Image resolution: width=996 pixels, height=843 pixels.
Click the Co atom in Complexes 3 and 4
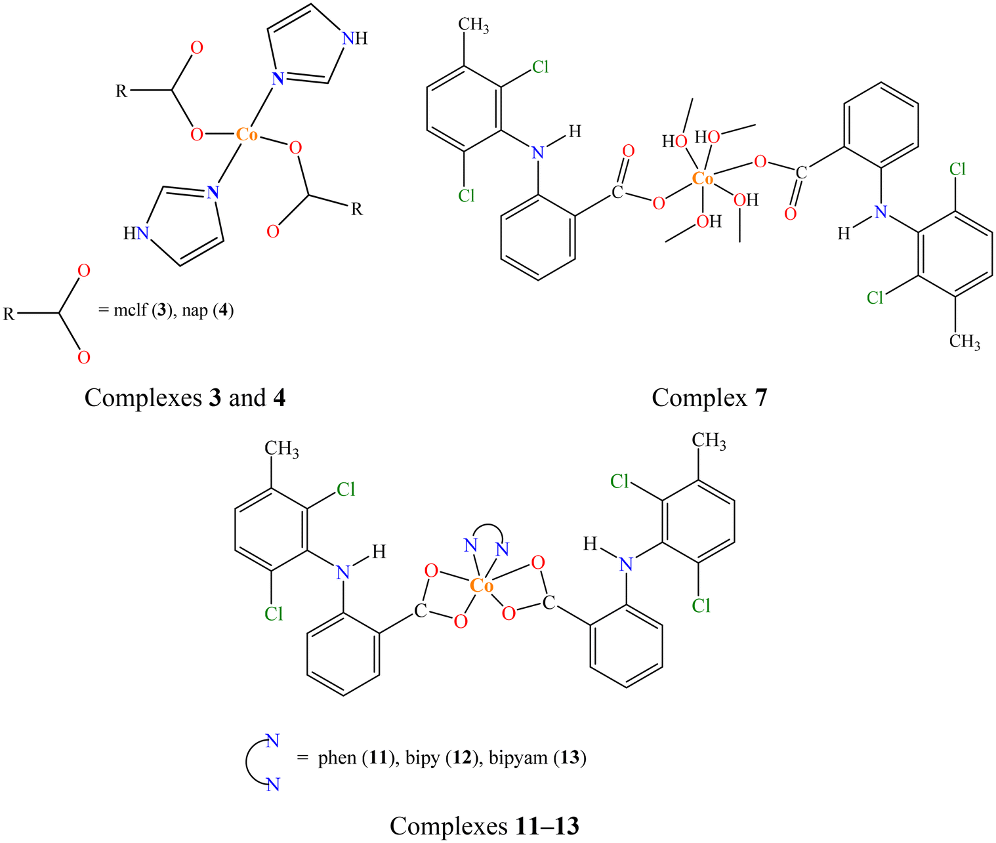[247, 134]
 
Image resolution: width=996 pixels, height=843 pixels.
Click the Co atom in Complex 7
[702, 178]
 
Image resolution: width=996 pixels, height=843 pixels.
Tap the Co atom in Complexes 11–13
[482, 586]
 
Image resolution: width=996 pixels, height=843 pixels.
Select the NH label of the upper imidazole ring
[355, 38]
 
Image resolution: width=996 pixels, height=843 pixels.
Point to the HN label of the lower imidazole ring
[136, 234]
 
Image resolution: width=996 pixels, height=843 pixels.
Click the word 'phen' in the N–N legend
[337, 758]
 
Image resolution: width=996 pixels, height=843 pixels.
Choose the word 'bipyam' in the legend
[518, 758]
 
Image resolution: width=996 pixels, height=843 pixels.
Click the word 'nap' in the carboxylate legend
[195, 311]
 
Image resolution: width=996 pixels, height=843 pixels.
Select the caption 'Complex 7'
[709, 398]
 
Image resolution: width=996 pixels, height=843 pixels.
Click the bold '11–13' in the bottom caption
[547, 826]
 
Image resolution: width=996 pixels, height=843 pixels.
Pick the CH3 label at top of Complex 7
[473, 25]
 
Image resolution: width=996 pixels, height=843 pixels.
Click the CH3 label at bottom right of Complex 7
[965, 342]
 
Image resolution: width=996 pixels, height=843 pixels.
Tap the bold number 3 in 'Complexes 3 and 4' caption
[215, 398]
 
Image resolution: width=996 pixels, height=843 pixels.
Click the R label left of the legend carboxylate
[9, 314]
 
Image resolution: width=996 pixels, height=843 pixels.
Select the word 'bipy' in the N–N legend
[423, 758]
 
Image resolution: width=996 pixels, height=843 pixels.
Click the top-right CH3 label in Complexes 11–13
[709, 442]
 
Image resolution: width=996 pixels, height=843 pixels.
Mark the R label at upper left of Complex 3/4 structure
[121, 91]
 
